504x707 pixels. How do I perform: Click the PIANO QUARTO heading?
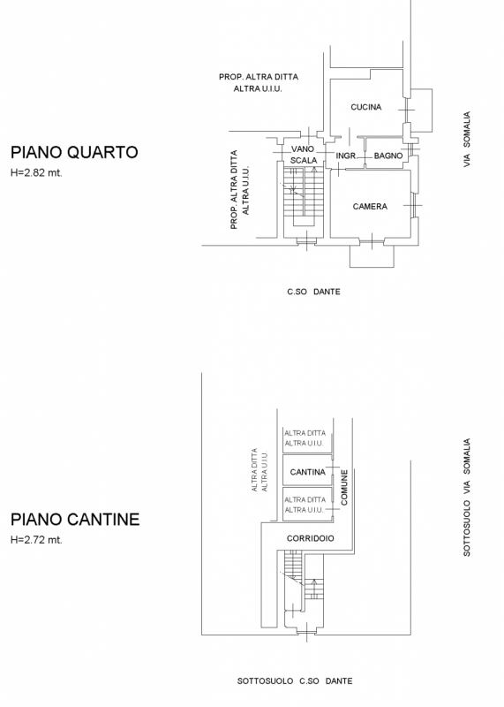[74, 152]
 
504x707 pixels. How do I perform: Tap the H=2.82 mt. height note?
[36, 172]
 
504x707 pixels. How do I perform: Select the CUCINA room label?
[366, 107]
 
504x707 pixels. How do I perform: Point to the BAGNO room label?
[388, 156]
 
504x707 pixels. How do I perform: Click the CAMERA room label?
[370, 207]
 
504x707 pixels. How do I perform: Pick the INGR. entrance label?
[346, 156]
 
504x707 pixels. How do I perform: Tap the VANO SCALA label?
[303, 155]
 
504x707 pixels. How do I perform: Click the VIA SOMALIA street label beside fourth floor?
[467, 140]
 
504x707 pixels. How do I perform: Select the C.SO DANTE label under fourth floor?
[313, 292]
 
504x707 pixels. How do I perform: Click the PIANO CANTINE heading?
[75, 520]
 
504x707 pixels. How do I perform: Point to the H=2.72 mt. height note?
[36, 540]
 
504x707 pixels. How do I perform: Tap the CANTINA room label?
[308, 472]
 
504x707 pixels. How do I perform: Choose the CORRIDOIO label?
[311, 538]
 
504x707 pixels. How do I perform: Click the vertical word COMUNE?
[344, 488]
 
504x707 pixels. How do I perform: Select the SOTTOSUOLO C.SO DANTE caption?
[295, 680]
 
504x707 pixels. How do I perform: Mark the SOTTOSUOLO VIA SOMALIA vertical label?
[467, 497]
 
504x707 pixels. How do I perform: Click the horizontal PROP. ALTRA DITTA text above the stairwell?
[259, 77]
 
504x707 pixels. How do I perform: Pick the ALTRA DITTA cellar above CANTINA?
[305, 437]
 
